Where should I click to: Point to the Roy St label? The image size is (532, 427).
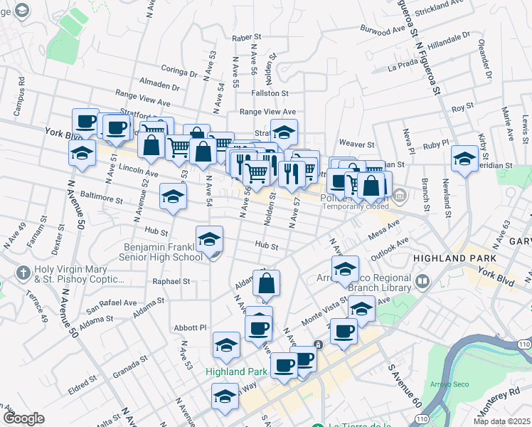tap(462, 107)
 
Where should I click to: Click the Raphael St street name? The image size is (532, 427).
tap(171, 281)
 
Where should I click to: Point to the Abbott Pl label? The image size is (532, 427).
tap(192, 327)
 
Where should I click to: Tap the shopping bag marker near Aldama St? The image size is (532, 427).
tap(266, 283)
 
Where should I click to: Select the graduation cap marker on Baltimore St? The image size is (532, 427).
tap(172, 198)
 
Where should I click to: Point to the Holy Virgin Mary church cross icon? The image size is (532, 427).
tap(23, 273)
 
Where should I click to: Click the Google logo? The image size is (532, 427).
tap(23, 418)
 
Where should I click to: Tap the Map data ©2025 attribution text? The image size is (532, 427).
tap(502, 421)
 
